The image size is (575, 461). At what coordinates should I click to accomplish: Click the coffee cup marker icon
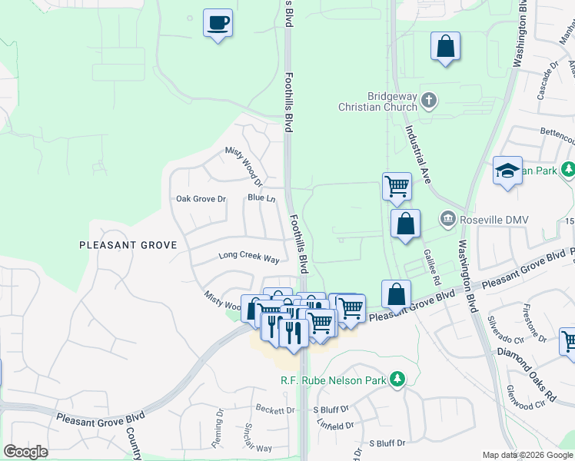pos(218,22)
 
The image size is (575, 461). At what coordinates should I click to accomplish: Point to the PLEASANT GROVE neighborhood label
pos(128,245)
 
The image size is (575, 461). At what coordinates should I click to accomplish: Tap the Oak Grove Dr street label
pos(201,199)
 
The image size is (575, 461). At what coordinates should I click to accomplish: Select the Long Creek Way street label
pos(248,255)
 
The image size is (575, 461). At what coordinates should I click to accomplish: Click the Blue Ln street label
pos(261,197)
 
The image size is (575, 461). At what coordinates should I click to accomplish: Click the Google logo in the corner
pos(25,451)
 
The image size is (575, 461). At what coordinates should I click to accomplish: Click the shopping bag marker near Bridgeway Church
pos(445,46)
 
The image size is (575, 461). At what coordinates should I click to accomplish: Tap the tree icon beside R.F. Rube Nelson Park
pos(397,379)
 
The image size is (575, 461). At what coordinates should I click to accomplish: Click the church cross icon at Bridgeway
pos(430,100)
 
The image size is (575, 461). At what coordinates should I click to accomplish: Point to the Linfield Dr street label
pos(334,424)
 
